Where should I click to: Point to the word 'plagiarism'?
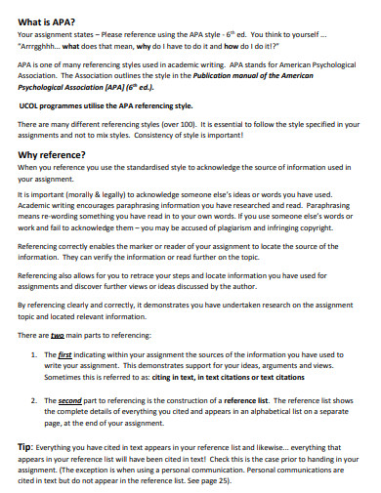pyautogui.click(x=222, y=227)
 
